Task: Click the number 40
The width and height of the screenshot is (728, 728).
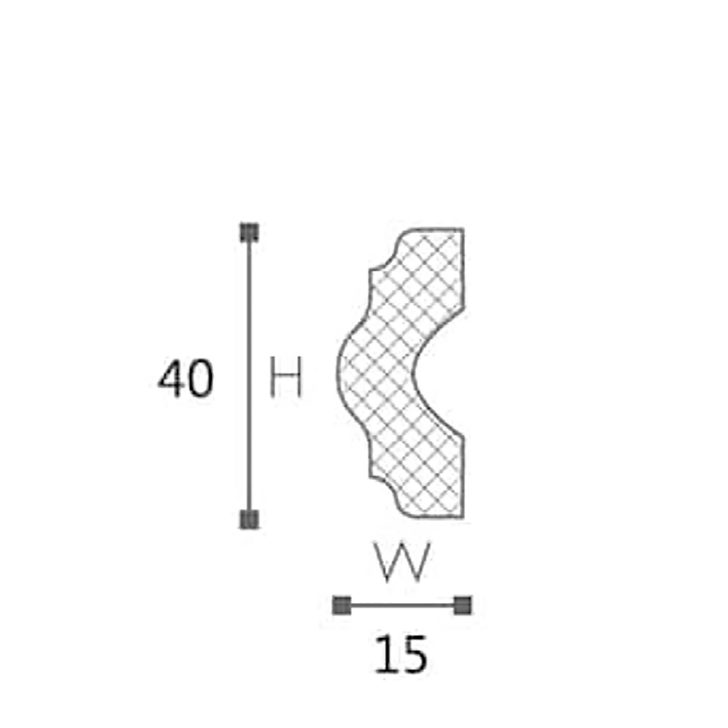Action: [x=186, y=379]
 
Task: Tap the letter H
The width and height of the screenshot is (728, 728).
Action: [x=286, y=377]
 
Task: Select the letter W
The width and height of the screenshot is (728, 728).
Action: [x=402, y=561]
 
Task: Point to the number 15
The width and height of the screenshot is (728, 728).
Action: [x=400, y=654]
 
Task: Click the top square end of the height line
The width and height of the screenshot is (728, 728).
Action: [x=249, y=232]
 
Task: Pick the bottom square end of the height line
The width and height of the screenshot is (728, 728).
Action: [x=249, y=519]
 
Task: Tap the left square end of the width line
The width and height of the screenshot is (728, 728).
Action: [x=342, y=605]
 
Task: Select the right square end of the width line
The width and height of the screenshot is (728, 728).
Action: [x=462, y=605]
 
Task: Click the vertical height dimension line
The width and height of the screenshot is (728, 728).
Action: [x=249, y=376]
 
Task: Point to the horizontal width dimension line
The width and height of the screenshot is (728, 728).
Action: [x=402, y=605]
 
